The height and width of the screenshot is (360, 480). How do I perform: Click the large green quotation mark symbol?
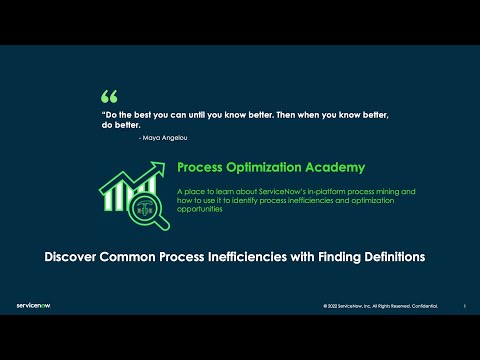(x=109, y=97)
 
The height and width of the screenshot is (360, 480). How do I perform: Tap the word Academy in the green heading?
(x=334, y=167)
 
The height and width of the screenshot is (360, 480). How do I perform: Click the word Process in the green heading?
(x=199, y=167)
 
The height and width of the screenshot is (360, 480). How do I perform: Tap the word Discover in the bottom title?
(x=77, y=257)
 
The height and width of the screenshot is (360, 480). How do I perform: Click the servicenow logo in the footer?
(x=35, y=305)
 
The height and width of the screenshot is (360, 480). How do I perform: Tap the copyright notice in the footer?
(x=381, y=306)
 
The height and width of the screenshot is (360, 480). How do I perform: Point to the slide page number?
(x=464, y=306)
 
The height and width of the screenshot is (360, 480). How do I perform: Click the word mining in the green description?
(x=390, y=190)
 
